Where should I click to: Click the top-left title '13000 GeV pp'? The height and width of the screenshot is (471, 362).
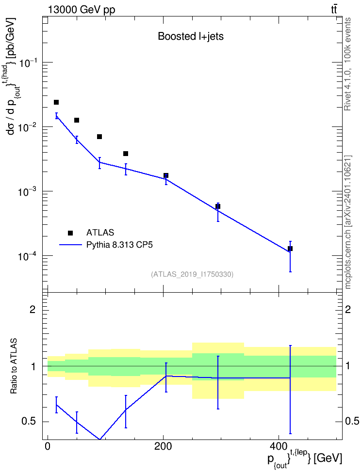pyautogui.click(x=81, y=10)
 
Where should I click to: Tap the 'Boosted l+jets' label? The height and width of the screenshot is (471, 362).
pyautogui.click(x=191, y=36)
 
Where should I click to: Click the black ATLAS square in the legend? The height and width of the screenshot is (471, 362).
pyautogui.click(x=70, y=233)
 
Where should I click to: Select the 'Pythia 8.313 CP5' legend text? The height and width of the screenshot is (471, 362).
pyautogui.click(x=119, y=245)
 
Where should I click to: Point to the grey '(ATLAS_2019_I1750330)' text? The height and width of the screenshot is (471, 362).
pyautogui.click(x=192, y=274)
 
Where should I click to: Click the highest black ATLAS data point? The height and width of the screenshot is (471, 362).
pyautogui.click(x=56, y=102)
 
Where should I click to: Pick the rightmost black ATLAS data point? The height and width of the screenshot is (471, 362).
pyautogui.click(x=290, y=249)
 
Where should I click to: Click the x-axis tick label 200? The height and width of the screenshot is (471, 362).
pyautogui.click(x=163, y=446)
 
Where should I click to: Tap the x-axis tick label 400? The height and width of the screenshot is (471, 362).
pyautogui.click(x=279, y=446)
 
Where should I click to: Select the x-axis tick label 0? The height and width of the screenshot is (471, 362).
pyautogui.click(x=48, y=446)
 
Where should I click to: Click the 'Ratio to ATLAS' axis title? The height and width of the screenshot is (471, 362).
pyautogui.click(x=14, y=366)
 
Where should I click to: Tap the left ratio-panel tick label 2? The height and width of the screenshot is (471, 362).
pyautogui.click(x=33, y=309)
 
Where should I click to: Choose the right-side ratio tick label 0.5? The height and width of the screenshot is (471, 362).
pyautogui.click(x=352, y=421)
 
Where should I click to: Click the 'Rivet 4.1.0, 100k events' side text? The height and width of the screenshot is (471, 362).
pyautogui.click(x=347, y=64)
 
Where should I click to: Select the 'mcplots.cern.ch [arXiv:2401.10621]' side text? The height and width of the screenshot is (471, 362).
pyautogui.click(x=347, y=222)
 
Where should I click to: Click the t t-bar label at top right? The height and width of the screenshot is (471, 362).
pyautogui.click(x=334, y=10)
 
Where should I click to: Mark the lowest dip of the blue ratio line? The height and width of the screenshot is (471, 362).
pyautogui.click(x=99, y=440)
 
